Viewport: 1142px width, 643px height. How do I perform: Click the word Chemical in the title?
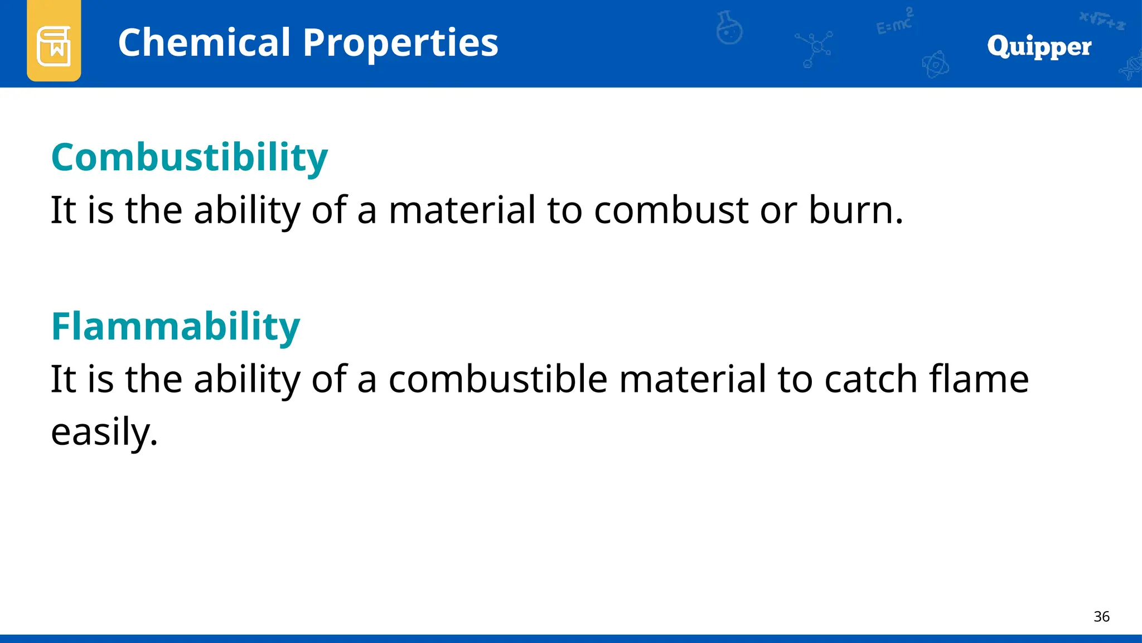point(204,43)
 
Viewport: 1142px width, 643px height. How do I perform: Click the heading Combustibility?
point(190,157)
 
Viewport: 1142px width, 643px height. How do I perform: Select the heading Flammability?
point(176,327)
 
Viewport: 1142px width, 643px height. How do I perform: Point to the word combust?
point(671,210)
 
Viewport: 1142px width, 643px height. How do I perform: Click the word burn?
point(854,210)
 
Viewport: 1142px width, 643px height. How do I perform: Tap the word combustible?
point(497,380)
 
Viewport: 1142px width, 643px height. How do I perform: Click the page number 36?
point(1101,617)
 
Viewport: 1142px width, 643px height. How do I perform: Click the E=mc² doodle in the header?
point(894,23)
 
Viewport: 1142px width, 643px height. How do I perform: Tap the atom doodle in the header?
point(935,65)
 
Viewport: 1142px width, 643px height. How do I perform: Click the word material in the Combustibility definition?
point(462,210)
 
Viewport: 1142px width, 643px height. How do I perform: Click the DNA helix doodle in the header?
point(1130,67)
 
